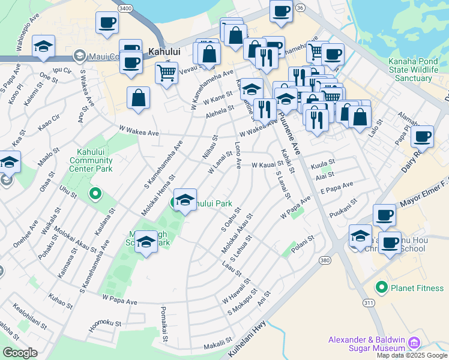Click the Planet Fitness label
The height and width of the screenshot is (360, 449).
[x=417, y=288]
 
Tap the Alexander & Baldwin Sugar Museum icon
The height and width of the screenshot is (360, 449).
[x=412, y=343]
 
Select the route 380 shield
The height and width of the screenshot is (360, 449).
[x=325, y=260]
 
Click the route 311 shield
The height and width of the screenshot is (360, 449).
[x=368, y=303]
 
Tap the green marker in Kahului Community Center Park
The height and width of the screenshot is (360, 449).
[x=94, y=194]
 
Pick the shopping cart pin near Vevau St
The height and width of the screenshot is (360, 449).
[x=166, y=73]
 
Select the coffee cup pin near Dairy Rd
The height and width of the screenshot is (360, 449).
[x=422, y=136]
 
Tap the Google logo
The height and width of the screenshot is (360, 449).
[x=19, y=352]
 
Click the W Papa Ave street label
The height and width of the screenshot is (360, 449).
[x=119, y=298]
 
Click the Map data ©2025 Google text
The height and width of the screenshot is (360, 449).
[x=411, y=355]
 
